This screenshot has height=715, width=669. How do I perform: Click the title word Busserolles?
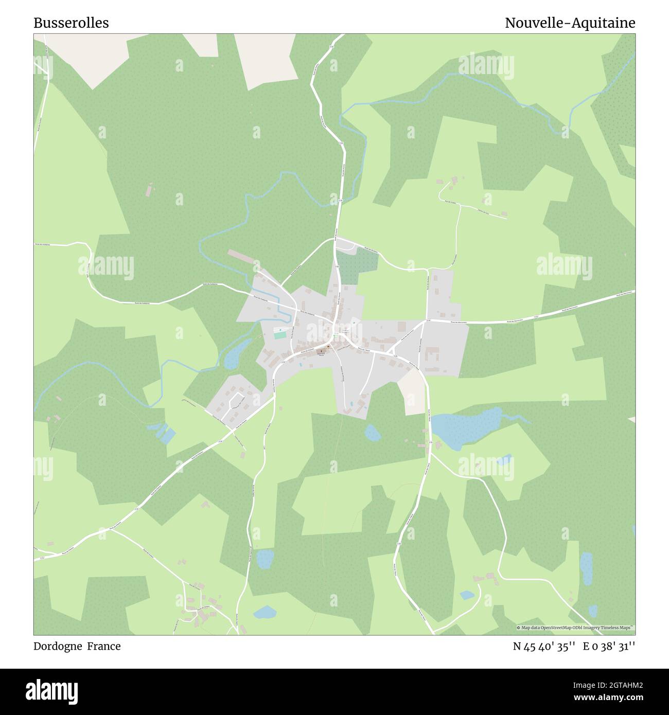[71, 23]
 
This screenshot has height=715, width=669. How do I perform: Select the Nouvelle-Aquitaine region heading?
[570, 23]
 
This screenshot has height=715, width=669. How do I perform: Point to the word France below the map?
[103, 646]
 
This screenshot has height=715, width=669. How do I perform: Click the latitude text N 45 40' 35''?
[543, 647]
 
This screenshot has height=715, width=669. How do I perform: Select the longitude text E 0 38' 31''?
[609, 647]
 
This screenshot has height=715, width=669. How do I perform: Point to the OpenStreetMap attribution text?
[575, 628]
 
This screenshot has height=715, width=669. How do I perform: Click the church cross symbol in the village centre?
[324, 352]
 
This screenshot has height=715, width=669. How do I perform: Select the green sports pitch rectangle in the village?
[280, 335]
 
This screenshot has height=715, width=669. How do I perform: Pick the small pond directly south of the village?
[372, 433]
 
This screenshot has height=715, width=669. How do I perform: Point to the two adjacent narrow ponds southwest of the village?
[163, 433]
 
